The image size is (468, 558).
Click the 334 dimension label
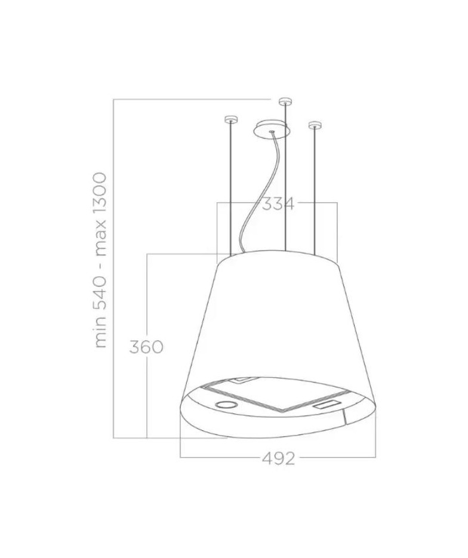(278, 204)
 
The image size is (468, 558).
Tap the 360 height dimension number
(146, 347)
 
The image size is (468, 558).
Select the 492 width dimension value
(279, 459)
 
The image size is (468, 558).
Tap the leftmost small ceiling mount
(230, 119)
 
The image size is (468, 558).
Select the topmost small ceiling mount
(285, 101)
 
